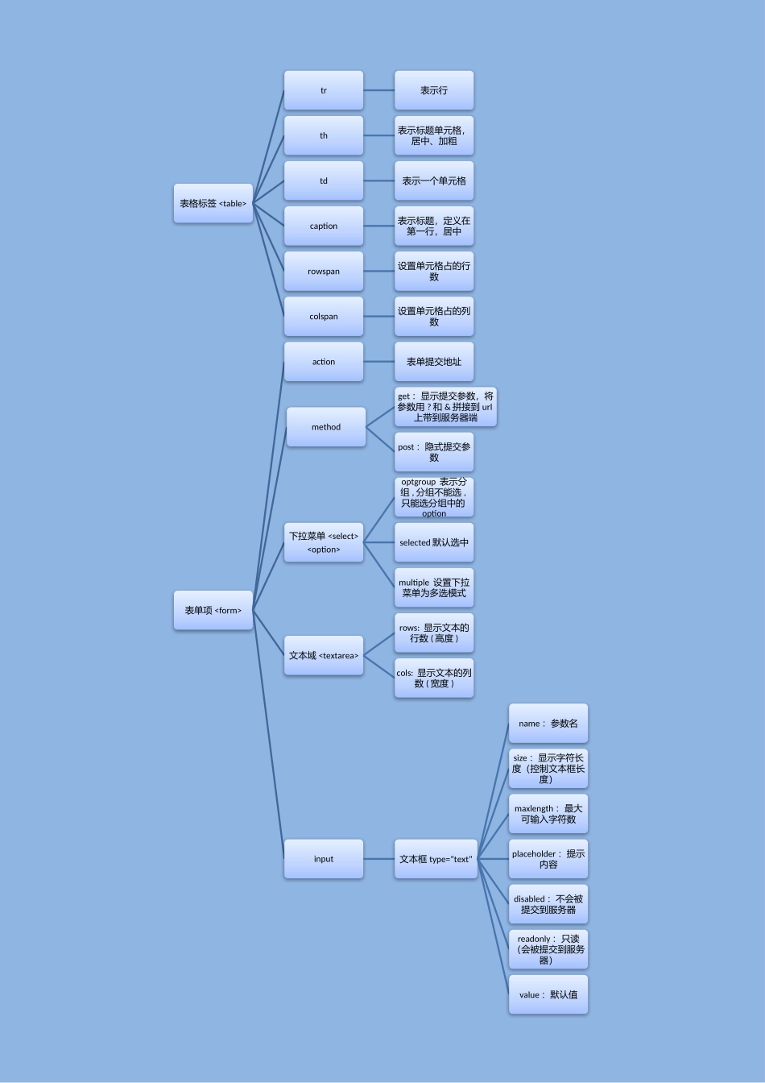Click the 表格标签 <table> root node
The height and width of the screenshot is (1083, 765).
[x=213, y=203]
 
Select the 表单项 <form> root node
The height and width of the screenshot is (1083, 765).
[x=213, y=610]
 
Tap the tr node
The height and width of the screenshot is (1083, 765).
[x=323, y=90]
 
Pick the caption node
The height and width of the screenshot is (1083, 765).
[x=323, y=226]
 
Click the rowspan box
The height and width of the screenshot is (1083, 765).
[x=323, y=272]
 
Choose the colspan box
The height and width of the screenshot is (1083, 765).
[x=323, y=316]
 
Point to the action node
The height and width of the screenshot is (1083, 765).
[x=323, y=362]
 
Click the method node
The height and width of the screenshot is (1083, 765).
[x=326, y=427]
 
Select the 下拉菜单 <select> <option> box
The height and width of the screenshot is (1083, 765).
[x=323, y=542]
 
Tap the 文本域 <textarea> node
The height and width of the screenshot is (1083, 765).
[x=323, y=656]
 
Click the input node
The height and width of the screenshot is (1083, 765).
[x=323, y=859]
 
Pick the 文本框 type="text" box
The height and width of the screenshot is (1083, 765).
[x=436, y=859]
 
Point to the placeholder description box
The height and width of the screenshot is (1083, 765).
[x=548, y=859]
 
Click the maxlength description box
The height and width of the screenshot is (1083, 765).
[x=548, y=814]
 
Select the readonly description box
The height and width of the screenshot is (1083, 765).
[x=548, y=949]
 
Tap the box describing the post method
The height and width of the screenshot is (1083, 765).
[x=434, y=452]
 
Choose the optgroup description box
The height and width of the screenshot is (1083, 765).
[x=434, y=497]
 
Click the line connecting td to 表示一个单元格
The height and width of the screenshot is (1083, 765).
[x=378, y=180]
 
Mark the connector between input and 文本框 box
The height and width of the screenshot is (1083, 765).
[x=378, y=859]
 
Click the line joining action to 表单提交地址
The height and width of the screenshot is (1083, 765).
[x=378, y=362]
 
